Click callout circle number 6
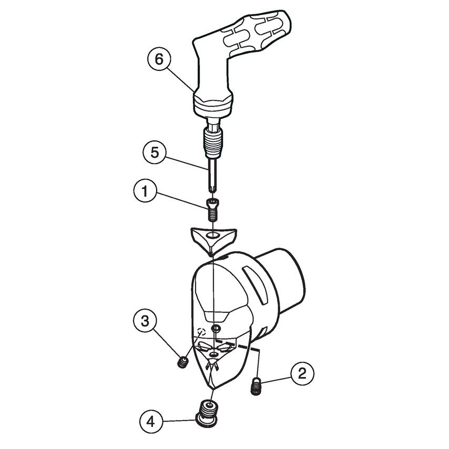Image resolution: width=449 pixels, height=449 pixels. click(x=158, y=59)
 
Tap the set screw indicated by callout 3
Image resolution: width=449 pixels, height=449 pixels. click(x=182, y=362)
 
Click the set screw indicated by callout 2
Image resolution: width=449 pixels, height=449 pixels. click(x=256, y=386)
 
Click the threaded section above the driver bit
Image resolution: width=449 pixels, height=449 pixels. click(x=212, y=142)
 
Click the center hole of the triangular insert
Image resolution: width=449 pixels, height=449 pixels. click(x=213, y=234)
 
